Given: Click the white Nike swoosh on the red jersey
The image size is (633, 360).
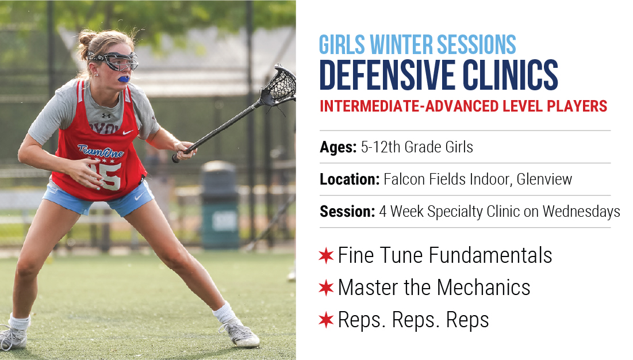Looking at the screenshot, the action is (128, 132).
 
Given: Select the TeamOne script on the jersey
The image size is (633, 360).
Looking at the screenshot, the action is (101, 151).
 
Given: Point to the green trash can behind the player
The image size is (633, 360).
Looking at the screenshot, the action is (220, 205).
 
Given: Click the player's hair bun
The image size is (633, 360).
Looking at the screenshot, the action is (87, 41).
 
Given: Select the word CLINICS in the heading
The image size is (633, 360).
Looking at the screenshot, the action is (511, 75).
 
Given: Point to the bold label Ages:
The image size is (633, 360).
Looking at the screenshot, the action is (338, 147).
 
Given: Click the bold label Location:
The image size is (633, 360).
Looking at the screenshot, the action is (350, 179).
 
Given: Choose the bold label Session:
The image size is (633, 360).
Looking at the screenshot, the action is (347, 212).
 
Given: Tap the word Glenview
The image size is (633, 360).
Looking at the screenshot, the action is (544, 179).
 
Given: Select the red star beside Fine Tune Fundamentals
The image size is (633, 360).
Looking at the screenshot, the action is (326, 255).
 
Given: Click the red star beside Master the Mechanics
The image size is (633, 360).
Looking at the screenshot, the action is (326, 288).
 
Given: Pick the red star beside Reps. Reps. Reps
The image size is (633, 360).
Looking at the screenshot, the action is (326, 320).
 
